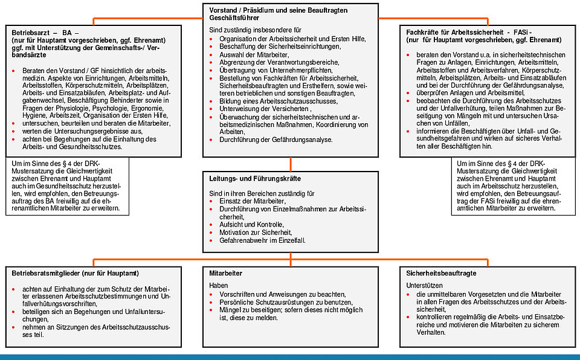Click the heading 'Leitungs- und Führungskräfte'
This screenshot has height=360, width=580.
pos(254,179)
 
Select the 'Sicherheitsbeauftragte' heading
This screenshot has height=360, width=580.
pos(442,273)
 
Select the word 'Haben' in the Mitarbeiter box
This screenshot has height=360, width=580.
pos(219,284)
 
